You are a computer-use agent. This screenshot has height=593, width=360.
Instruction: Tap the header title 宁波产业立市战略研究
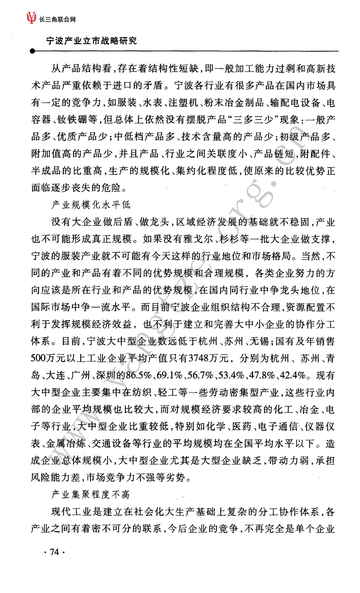(x=91, y=40)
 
